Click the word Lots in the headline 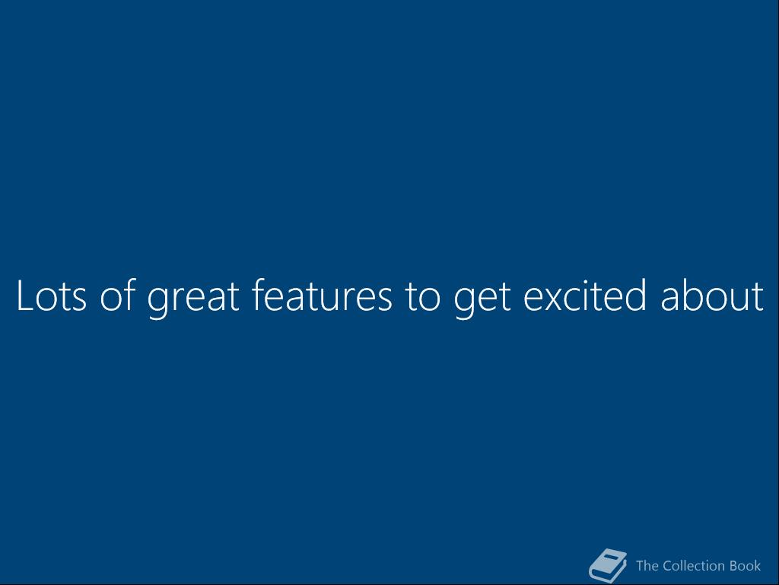(52, 296)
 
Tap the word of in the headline (118, 295)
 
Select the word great (193, 299)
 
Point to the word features (322, 295)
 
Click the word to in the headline (422, 297)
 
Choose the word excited (585, 295)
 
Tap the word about (712, 295)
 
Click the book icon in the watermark (608, 566)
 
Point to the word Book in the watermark (746, 566)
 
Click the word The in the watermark (647, 566)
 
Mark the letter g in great (158, 303)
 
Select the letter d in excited (635, 295)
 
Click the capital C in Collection (668, 566)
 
